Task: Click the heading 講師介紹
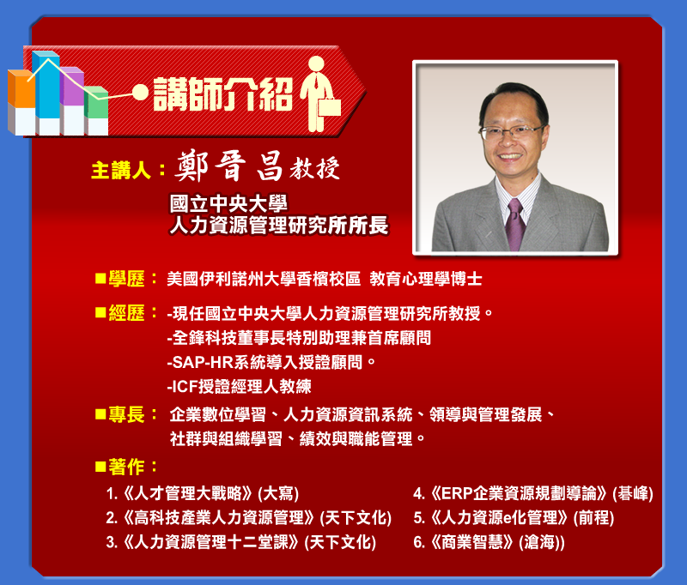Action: tap(223, 94)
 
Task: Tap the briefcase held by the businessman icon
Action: tap(329, 106)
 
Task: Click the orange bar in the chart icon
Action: tap(21, 89)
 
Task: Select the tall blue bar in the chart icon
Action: tap(46, 84)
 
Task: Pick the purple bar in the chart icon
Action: tap(72, 86)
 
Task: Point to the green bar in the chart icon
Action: tap(96, 102)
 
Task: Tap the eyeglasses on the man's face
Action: tap(511, 131)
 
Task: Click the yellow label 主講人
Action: tap(120, 170)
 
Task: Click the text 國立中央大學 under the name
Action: tap(228, 204)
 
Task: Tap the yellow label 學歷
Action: tap(126, 279)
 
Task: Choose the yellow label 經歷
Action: tap(126, 313)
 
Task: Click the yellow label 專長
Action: tap(126, 414)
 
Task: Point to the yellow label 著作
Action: tap(126, 467)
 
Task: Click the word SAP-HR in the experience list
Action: tap(203, 362)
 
